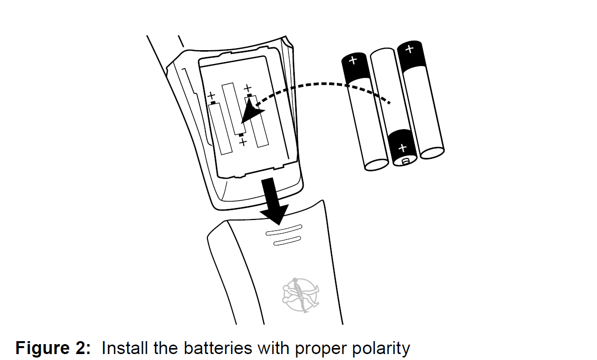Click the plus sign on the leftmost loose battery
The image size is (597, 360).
[353, 61]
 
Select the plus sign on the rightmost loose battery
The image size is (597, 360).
[409, 49]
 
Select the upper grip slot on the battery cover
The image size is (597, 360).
[283, 231]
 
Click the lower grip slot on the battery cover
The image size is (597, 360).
[287, 242]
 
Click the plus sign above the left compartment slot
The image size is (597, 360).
[212, 95]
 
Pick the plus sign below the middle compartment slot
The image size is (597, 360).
[243, 143]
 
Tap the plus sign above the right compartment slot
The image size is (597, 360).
[248, 88]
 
